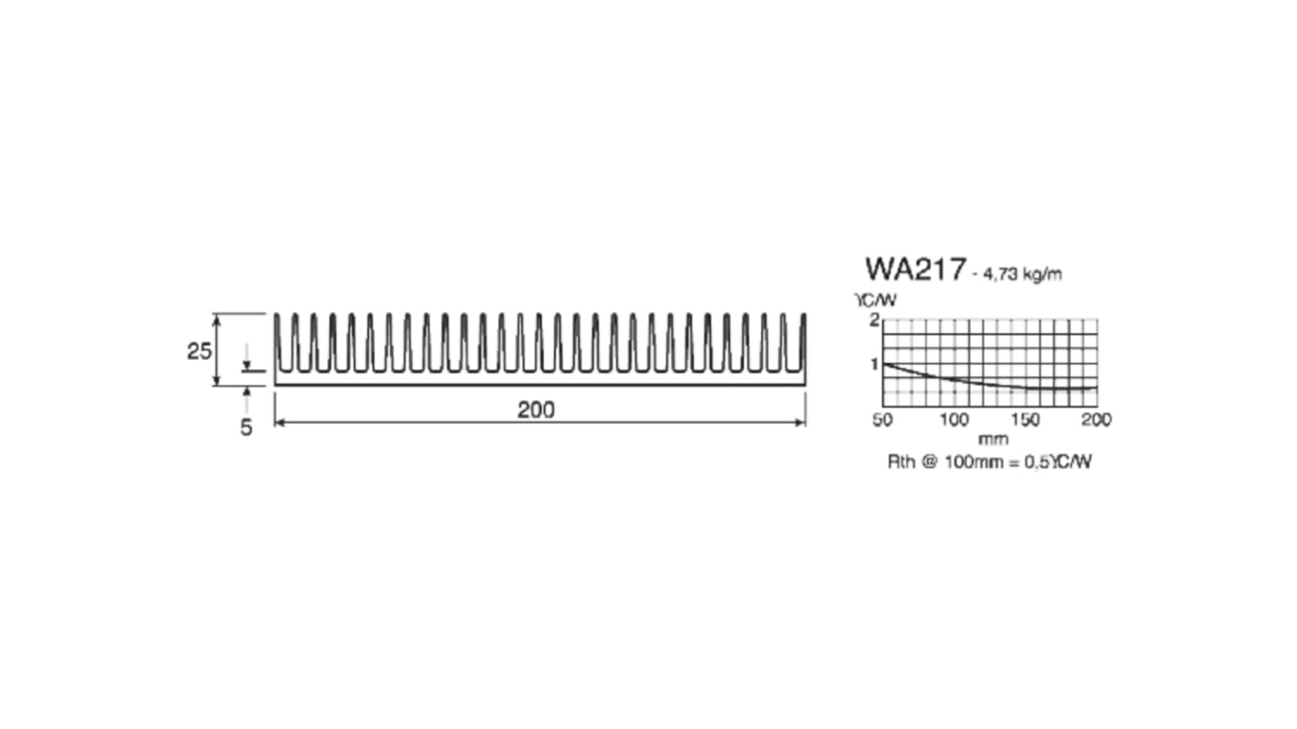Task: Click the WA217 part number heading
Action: click(914, 269)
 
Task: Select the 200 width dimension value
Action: click(535, 410)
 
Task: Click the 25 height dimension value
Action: click(199, 351)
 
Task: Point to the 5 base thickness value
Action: click(246, 427)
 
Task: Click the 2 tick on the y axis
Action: click(874, 320)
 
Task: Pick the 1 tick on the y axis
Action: click(874, 364)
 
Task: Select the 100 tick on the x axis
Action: click(954, 419)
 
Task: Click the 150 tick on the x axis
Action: click(1025, 419)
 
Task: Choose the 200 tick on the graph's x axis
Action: click(1096, 419)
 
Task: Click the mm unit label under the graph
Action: click(993, 439)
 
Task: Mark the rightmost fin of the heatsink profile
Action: click(803, 343)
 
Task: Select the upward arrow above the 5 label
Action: click(246, 392)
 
